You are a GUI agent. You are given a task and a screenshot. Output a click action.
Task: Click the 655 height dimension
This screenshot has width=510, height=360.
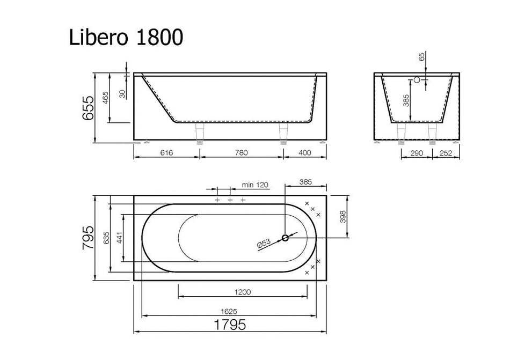click(89, 107)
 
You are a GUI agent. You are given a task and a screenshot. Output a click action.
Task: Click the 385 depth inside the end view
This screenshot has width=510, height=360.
click(406, 101)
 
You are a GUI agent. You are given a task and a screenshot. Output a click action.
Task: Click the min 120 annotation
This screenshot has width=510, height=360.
click(255, 185)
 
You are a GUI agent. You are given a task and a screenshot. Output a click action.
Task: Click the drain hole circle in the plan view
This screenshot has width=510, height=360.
click(285, 238)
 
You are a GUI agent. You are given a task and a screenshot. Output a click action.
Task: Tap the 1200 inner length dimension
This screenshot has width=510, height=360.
click(242, 292)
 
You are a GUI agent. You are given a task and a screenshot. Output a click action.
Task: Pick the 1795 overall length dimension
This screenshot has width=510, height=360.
click(230, 325)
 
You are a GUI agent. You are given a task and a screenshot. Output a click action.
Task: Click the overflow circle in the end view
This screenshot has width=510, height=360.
click(416, 80)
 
